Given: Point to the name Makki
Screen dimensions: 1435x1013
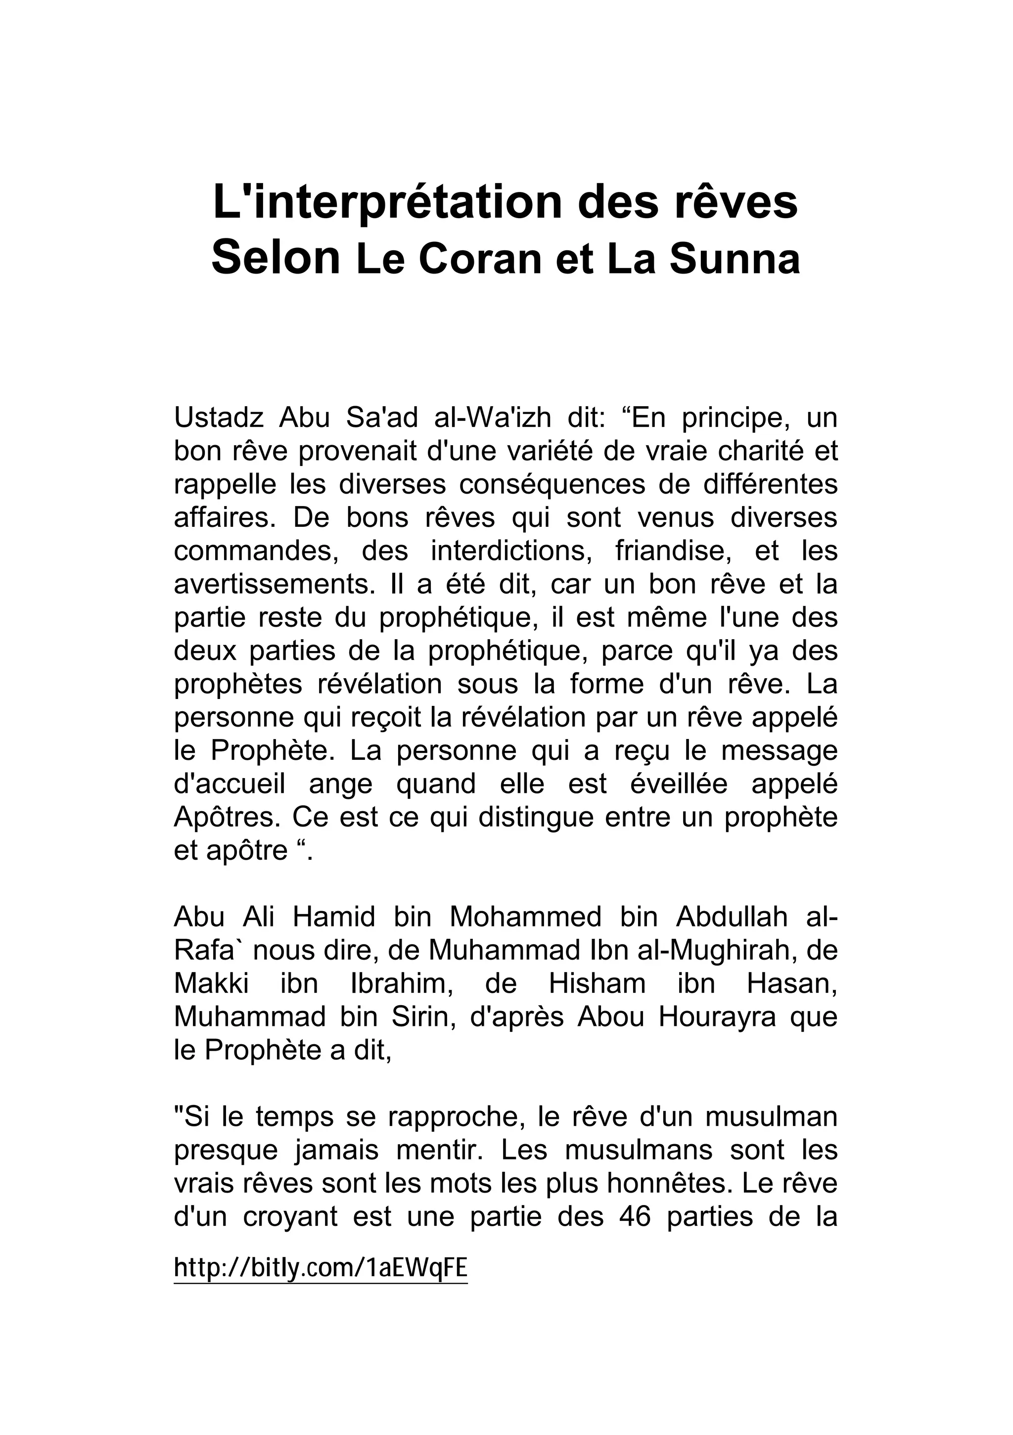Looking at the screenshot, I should click(x=211, y=984).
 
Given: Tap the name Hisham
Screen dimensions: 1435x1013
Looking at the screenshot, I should click(x=597, y=984).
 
